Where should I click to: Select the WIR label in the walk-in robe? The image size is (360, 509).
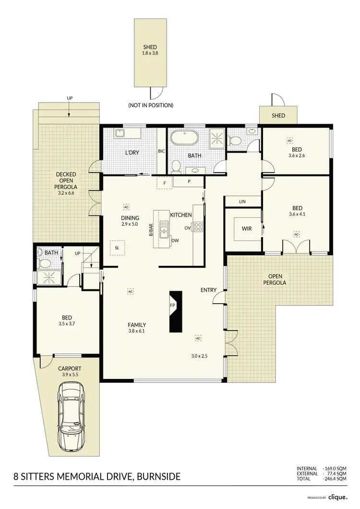[246, 229]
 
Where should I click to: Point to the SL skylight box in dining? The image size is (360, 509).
[117, 248]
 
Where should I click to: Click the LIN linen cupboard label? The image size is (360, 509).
[242, 201]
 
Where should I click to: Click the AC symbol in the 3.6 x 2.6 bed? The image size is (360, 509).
[290, 141]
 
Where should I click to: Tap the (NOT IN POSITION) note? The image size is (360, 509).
[151, 105]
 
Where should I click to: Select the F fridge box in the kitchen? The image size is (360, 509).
[164, 183]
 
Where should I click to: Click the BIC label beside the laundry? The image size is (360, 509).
[161, 151]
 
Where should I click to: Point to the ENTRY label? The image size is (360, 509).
[208, 290]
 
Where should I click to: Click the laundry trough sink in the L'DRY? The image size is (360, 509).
[120, 134]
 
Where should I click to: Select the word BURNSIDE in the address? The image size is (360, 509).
[158, 476]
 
